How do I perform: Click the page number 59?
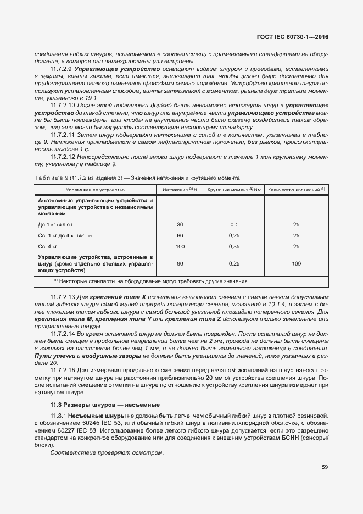325,467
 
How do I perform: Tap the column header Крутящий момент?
234,189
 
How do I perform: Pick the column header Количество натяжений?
297,189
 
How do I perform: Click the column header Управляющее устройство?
87,189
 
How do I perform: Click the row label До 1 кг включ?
56,225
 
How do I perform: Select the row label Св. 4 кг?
48,246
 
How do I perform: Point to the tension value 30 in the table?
180,225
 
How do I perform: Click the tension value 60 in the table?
180,235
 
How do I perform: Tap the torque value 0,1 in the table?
234,225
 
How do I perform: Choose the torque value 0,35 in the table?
234,246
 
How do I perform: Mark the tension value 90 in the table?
180,264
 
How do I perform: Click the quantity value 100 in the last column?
297,264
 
